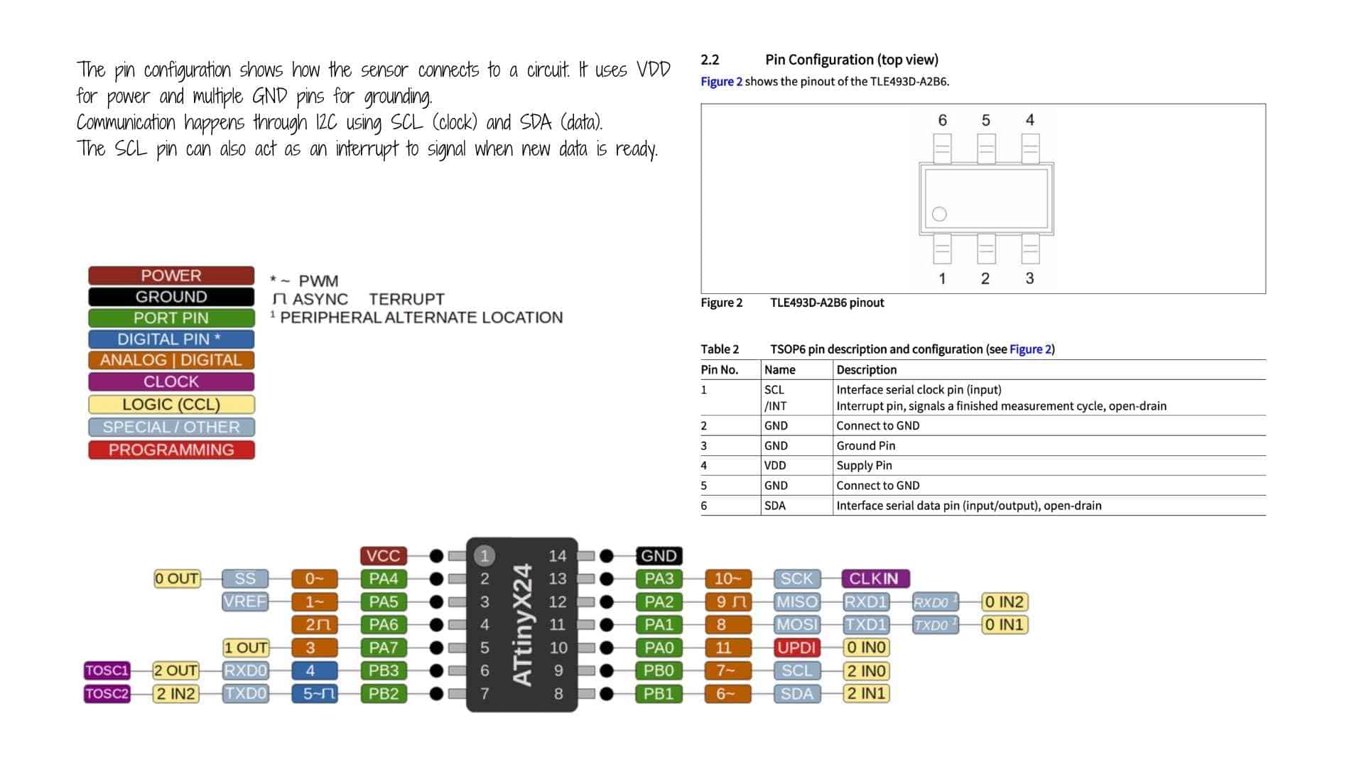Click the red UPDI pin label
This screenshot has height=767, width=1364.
click(796, 648)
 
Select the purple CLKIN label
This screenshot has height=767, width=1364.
click(875, 579)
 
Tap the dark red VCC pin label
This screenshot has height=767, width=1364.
click(383, 556)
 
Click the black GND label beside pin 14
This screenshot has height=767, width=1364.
click(659, 556)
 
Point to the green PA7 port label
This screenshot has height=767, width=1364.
click(383, 648)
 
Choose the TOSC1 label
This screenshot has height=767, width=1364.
click(107, 670)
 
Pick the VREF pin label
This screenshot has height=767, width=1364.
click(244, 602)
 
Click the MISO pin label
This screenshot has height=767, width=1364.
click(796, 602)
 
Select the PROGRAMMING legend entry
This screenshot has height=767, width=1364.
click(171, 450)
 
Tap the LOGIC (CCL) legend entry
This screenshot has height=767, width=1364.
click(171, 404)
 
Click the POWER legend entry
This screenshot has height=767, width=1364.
click(171, 276)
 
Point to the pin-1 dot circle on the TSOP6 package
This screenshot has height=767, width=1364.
click(939, 214)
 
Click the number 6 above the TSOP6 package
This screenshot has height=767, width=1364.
click(943, 121)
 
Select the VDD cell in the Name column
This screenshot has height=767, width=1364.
click(775, 465)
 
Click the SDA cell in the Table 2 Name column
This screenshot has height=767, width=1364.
click(775, 506)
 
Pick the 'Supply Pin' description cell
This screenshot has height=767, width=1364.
click(864, 465)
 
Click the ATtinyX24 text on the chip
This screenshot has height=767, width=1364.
click(523, 625)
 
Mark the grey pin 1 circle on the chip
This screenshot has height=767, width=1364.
click(485, 556)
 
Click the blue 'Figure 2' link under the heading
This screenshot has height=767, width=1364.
click(721, 82)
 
